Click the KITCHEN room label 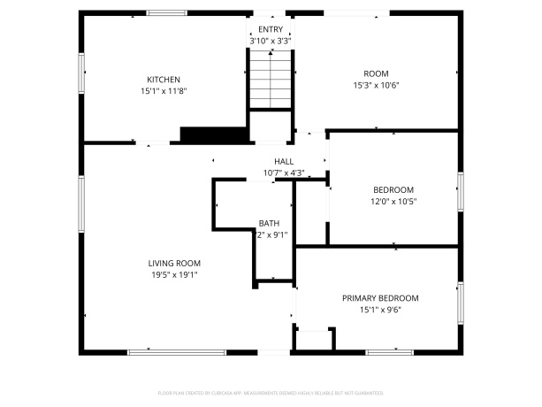tap(164, 80)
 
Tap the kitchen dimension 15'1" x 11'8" tap(164, 91)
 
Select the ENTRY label tap(271, 29)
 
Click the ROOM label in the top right tap(376, 73)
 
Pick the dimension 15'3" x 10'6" tap(376, 86)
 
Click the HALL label tap(284, 161)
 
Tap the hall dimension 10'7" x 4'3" tap(284, 173)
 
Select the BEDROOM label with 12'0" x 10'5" tap(393, 189)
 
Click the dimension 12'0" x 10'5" tap(393, 202)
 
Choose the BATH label tap(269, 223)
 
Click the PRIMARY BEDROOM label tap(380, 298)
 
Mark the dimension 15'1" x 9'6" tap(380, 311)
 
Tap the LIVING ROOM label tap(174, 263)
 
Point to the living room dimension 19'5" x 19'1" tap(174, 275)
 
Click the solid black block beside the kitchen tap(212, 134)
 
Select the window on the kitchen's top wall tap(165, 13)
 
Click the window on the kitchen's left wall tap(82, 72)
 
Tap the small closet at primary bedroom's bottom tap(315, 341)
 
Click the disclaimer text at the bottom tap(271, 391)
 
